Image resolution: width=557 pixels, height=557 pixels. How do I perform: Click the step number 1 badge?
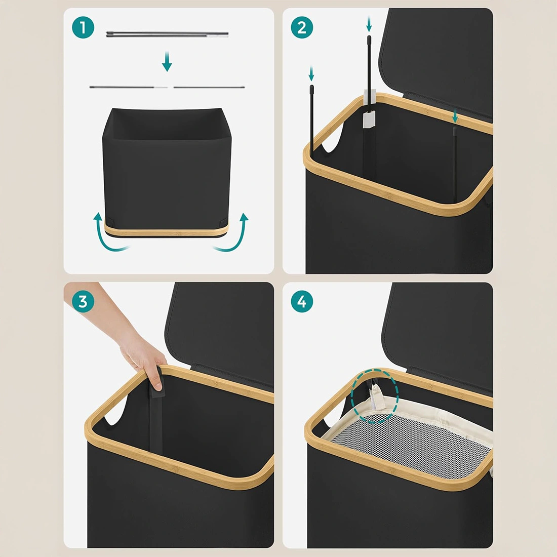click(x=83, y=28)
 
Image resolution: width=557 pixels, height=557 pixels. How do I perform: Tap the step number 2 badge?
click(x=302, y=28)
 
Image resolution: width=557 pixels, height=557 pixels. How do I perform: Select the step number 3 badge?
click(x=83, y=302)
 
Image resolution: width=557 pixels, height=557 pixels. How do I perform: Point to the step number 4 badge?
click(x=302, y=302)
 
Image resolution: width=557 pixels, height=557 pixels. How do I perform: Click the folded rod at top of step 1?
click(x=167, y=34)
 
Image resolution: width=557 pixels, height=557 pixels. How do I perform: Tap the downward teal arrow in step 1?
click(x=167, y=61)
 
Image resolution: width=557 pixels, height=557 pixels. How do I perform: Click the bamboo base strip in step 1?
click(x=166, y=231)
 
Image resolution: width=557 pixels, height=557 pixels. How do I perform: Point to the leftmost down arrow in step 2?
click(x=311, y=73)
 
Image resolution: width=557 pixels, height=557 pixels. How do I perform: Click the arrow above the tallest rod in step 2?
click(x=369, y=24)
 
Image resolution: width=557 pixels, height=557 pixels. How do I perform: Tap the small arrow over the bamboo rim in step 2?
click(x=455, y=116)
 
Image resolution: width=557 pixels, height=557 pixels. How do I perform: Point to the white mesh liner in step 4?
click(x=412, y=444)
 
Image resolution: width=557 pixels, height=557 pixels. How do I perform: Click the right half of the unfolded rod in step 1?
click(x=209, y=87)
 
